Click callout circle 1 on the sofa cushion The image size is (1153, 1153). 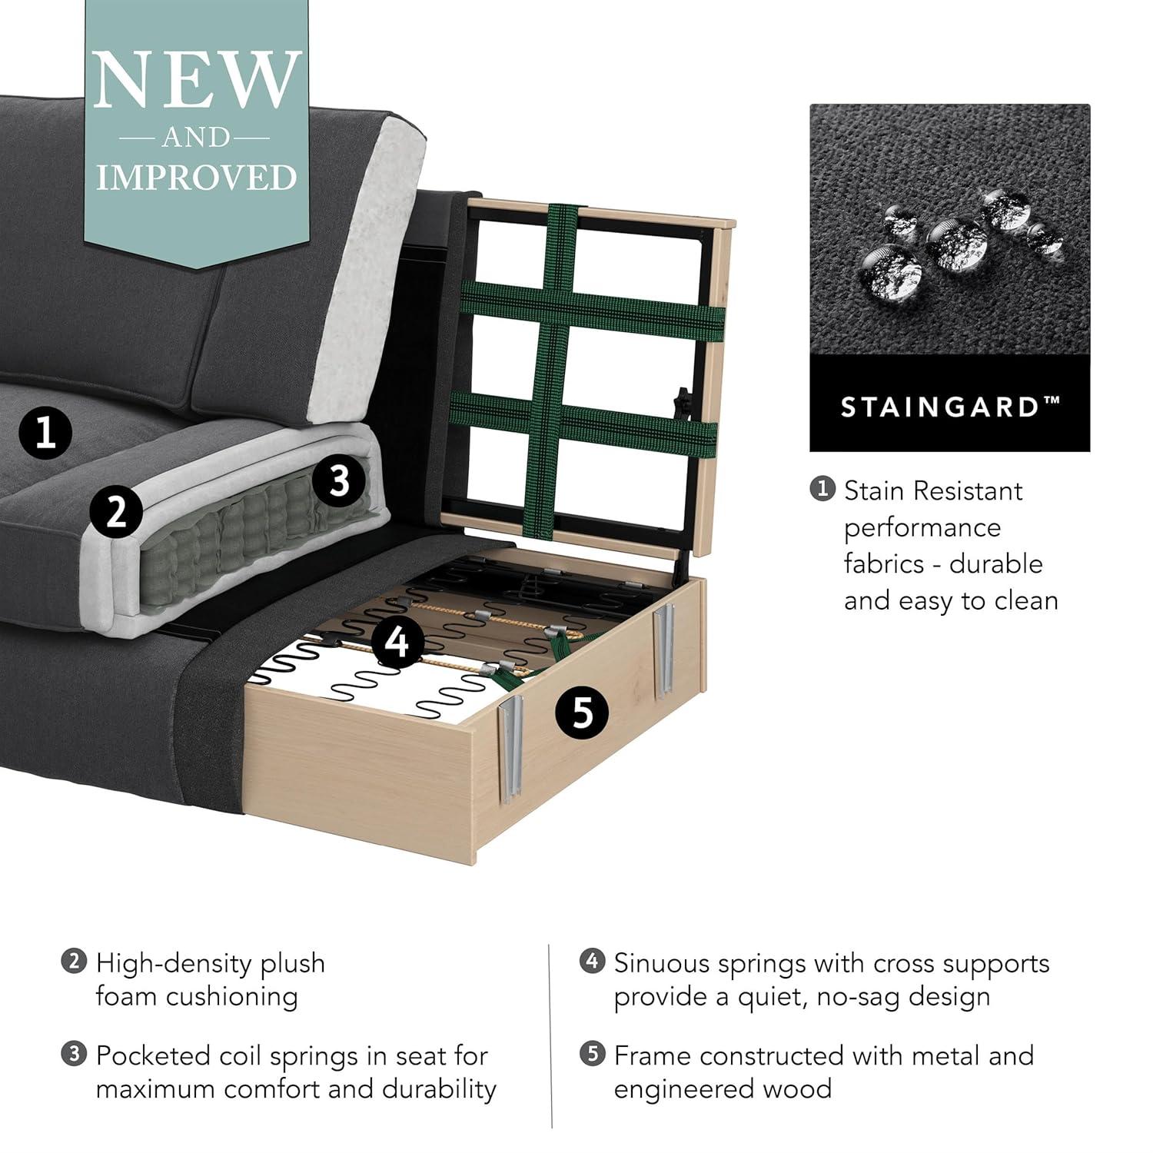coord(45,432)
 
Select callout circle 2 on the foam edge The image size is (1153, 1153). coord(116,511)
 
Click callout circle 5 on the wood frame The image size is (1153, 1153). coord(583,712)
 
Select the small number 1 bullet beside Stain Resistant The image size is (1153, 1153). coord(823,489)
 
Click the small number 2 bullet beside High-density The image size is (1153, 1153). coord(74,962)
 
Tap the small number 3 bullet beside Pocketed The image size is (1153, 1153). coord(74,1055)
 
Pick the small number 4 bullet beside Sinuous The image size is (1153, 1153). coord(592,962)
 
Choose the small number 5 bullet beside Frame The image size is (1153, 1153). coord(592,1055)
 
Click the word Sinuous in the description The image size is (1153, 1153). coord(673,963)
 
